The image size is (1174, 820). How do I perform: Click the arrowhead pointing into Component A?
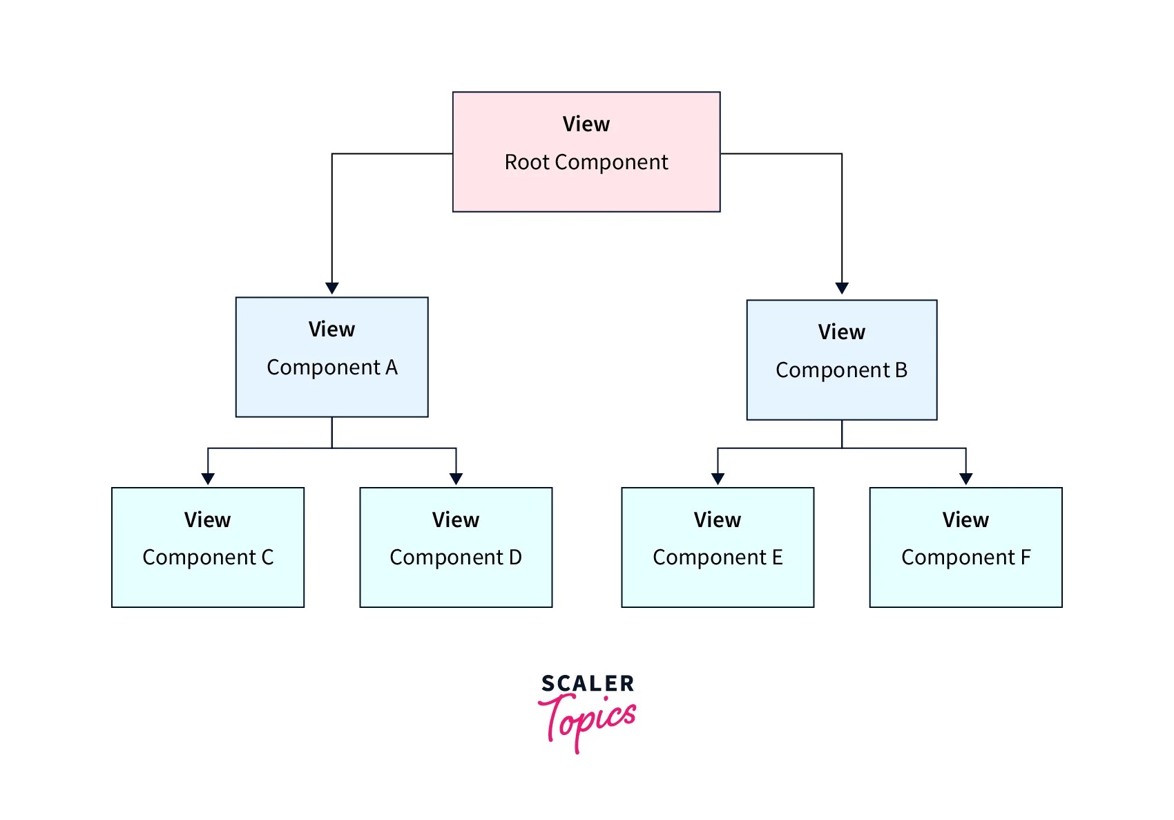(x=332, y=288)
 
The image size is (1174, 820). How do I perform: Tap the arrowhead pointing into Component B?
(x=842, y=288)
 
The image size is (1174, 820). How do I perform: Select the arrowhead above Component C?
(x=208, y=479)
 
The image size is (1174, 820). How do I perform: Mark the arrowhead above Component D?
(x=456, y=479)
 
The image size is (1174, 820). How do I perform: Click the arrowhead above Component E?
(x=718, y=479)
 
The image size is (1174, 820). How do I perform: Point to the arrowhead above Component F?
(x=966, y=479)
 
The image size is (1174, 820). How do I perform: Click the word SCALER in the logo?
(x=588, y=684)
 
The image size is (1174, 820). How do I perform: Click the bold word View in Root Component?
(x=586, y=124)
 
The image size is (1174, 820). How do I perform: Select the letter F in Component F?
(x=1026, y=557)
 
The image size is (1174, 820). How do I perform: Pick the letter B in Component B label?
(x=901, y=370)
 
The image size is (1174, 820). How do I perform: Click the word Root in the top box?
(x=527, y=162)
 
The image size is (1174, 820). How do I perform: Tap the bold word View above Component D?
(x=456, y=520)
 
